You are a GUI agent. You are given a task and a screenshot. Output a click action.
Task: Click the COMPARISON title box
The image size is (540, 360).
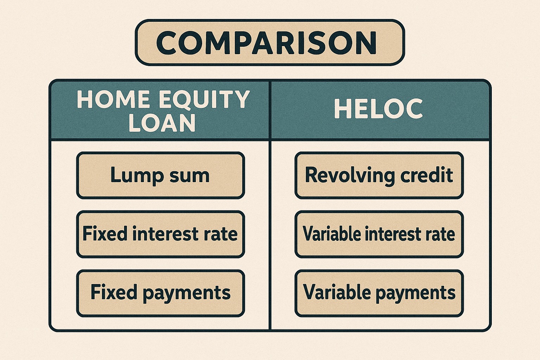(x=270, y=43)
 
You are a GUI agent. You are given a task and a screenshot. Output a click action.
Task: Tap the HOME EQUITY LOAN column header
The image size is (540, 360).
(x=160, y=110)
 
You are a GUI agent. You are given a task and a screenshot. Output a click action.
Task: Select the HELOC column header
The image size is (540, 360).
(x=379, y=109)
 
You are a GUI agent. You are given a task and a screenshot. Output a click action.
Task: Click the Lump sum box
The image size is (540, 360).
(x=160, y=175)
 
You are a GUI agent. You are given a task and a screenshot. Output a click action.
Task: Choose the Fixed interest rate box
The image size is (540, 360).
(x=160, y=234)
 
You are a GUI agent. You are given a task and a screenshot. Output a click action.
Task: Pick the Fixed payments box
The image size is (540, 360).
(x=160, y=293)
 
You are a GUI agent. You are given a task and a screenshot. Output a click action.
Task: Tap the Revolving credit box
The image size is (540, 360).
(x=379, y=175)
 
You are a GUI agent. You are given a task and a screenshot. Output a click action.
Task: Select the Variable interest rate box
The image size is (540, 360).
(x=379, y=234)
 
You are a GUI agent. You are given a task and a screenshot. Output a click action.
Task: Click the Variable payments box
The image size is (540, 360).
(x=379, y=293)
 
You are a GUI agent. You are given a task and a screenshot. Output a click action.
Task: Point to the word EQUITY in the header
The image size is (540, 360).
(x=204, y=100)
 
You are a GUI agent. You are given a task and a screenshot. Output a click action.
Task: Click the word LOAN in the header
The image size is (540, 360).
(x=162, y=123)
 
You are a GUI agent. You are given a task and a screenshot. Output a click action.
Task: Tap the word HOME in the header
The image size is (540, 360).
(x=113, y=99)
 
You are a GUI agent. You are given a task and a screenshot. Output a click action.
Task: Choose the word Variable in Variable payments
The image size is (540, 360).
(x=337, y=292)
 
